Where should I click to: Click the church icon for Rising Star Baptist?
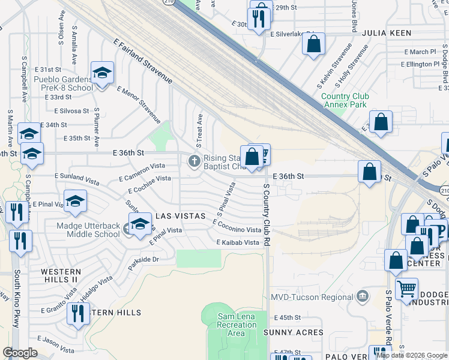coord(194,161)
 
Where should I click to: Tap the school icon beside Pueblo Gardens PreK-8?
coord(102,73)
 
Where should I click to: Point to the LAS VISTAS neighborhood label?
coord(181,215)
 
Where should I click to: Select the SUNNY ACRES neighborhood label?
coord(294,332)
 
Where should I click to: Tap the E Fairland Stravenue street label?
coord(143,61)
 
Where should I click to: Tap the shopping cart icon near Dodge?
coord(406,289)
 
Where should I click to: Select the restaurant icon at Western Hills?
coord(78,313)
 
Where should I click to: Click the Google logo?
coord(20,353)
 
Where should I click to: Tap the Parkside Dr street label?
coord(143,260)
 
